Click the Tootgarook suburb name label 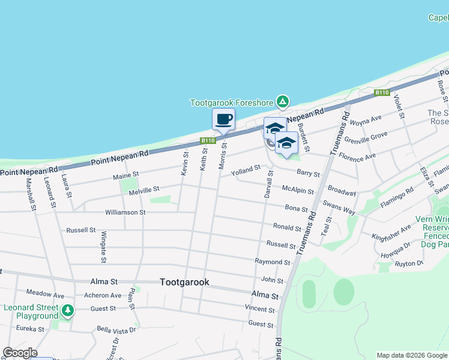coord(184,281)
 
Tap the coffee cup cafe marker coord(223,119)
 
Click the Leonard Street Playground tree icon coord(68,310)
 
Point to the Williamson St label coord(125,212)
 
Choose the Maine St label coord(126,175)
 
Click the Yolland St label coord(246,170)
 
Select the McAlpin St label coord(298,188)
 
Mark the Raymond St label coord(273,262)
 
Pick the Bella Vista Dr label coord(117,329)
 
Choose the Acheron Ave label coord(102,295)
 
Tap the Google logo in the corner coord(20,353)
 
